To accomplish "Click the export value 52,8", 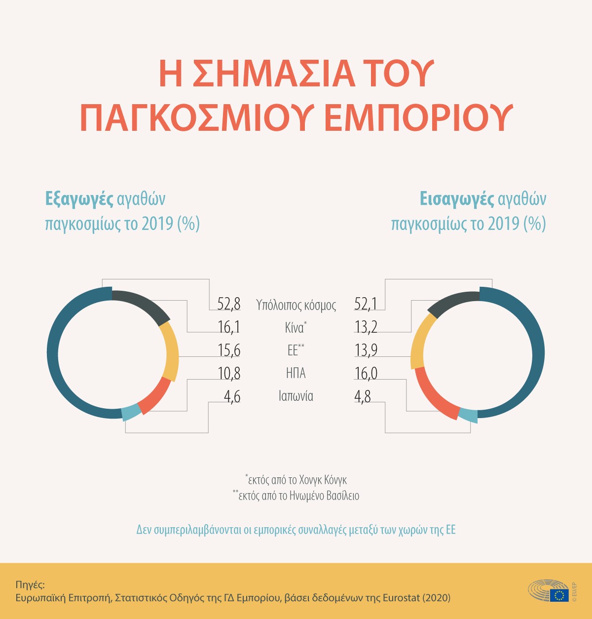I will click(229, 304).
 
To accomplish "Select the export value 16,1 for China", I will click(229, 327).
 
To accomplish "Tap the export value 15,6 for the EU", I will click(229, 350).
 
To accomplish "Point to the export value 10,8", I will click(229, 374).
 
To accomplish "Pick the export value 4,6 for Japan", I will click(232, 397).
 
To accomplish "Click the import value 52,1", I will click(366, 304).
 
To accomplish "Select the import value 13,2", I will click(366, 327).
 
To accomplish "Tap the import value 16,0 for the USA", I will click(366, 374).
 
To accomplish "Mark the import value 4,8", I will click(363, 397).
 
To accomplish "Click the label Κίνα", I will click(295, 328).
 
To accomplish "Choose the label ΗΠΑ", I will click(296, 373).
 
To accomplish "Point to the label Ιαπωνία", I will click(296, 396).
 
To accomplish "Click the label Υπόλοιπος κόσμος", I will click(296, 305).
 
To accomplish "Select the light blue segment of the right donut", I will click(468, 415).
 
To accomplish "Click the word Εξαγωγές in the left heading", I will click(79, 199).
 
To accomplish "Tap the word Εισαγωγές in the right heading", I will click(456, 199).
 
